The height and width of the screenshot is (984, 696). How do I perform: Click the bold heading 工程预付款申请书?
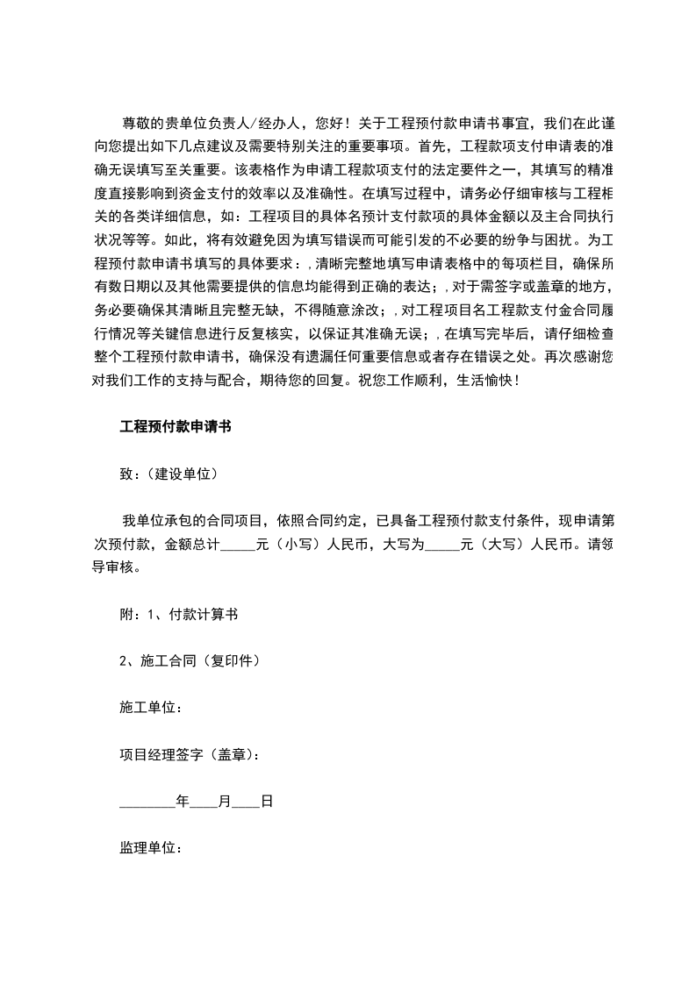coord(175,427)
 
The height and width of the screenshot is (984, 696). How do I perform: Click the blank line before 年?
coord(147,803)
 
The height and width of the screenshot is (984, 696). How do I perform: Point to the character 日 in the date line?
coord(267,802)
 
